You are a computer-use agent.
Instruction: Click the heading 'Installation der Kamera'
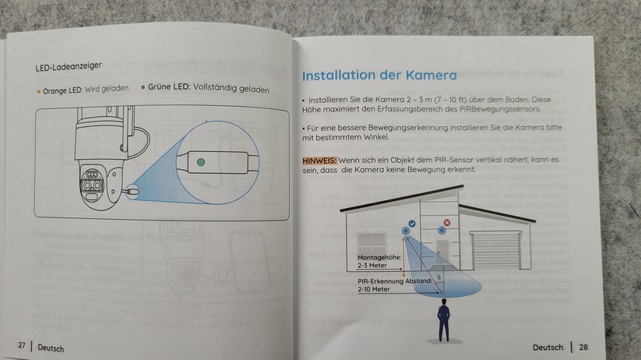tap(379, 76)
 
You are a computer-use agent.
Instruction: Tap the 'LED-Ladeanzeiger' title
tap(69, 67)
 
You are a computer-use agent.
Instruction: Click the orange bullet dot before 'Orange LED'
tap(39, 92)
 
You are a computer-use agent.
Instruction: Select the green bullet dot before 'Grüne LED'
tap(143, 87)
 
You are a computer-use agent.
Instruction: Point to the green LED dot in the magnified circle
tap(201, 162)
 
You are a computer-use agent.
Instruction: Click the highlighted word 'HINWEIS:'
tap(319, 161)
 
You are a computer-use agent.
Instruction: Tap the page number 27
tap(22, 345)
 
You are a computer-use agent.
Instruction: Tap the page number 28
tap(583, 348)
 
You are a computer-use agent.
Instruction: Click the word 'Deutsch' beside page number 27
tap(51, 348)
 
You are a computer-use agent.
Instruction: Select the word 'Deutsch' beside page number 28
tap(548, 348)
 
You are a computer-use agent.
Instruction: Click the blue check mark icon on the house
tap(412, 224)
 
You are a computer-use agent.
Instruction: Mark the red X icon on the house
tap(447, 223)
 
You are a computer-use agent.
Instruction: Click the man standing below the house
tap(443, 320)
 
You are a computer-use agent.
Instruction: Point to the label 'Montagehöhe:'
tap(379, 258)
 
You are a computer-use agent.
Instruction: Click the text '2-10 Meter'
tap(374, 289)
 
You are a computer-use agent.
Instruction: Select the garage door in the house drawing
tap(496, 249)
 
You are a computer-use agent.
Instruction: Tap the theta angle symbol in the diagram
tap(439, 277)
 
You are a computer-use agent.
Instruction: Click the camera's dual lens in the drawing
tap(92, 185)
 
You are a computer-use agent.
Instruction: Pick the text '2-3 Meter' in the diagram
tap(372, 266)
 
